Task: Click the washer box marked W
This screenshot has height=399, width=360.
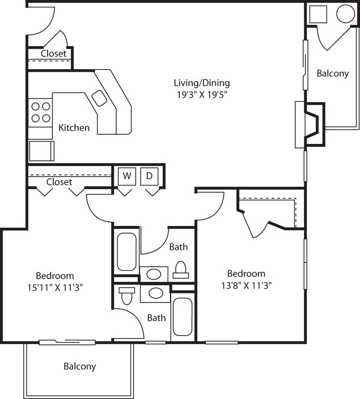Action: pos(127,176)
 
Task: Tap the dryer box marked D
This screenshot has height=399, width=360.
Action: pos(149,176)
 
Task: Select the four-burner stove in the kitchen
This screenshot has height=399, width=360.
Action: pos(40,112)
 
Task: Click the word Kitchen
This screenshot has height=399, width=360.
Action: pos(74,128)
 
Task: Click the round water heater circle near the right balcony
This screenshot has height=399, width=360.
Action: pos(345,14)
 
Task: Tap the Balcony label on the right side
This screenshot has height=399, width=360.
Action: pos(333,74)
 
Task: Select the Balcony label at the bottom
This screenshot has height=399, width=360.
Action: pos(80,367)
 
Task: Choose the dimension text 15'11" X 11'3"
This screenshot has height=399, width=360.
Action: pos(55,287)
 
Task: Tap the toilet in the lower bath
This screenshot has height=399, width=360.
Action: pos(127,295)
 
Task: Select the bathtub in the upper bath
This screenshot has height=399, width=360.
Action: pos(127,251)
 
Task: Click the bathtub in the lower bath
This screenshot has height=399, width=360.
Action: pos(182,317)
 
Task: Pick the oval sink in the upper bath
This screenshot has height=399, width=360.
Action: pos(154,274)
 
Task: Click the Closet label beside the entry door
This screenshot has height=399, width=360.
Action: pos(54,53)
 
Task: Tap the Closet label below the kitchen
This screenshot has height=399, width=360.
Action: pos(59,182)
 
